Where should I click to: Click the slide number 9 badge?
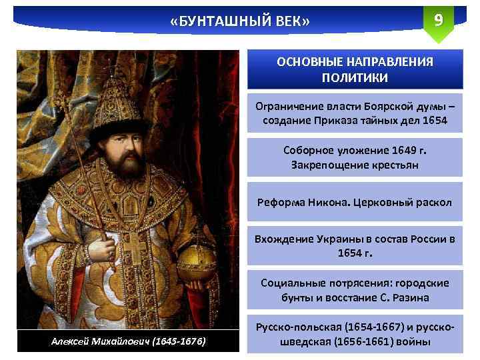coord(438,20)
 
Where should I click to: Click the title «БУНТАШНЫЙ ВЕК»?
coord(240,22)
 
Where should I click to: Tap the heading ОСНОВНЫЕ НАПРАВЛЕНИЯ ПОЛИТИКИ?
coord(355,69)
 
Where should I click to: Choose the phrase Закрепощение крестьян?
coord(355,164)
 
